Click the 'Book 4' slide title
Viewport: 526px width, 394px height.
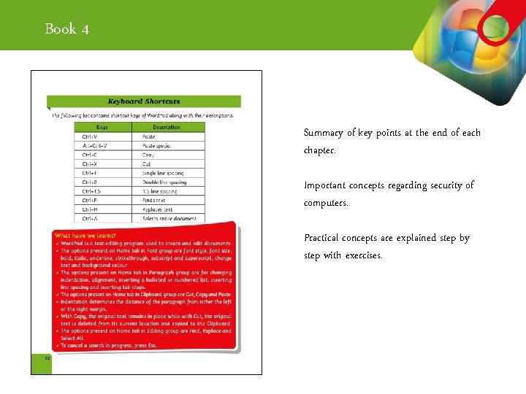(x=67, y=29)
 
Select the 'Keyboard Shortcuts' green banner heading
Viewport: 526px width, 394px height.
(x=144, y=101)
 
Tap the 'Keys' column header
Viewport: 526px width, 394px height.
(x=102, y=127)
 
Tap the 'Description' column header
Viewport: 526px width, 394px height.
(x=167, y=127)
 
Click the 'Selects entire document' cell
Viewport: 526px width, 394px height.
(x=169, y=218)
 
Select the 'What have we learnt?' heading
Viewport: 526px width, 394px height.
(x=85, y=236)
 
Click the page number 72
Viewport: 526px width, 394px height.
(x=47, y=358)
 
